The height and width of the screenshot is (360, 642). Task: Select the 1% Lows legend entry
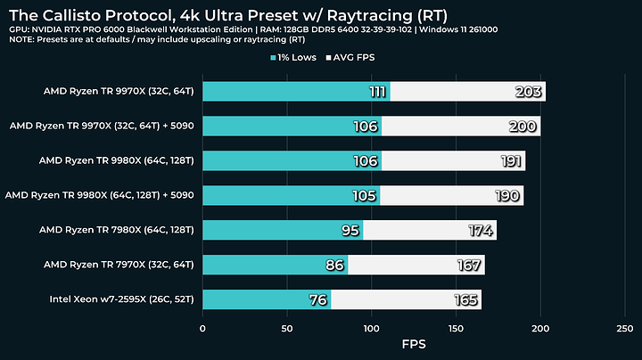pos(300,58)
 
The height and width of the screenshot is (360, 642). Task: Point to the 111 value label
pos(379,92)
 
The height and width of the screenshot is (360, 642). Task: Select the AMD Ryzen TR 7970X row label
pos(123,265)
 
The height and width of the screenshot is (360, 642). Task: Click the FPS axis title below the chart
pos(413,344)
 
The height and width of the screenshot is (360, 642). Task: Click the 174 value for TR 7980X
pos(481,230)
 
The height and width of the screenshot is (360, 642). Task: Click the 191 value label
pos(509,161)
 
